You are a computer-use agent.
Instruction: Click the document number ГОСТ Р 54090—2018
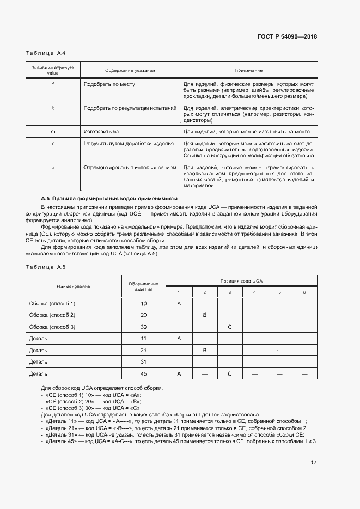(x=287, y=37)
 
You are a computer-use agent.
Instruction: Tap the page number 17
(x=314, y=463)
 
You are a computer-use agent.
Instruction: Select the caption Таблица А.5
(x=46, y=267)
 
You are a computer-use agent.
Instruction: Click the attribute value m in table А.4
(x=53, y=132)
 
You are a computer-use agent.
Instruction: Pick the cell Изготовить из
(x=101, y=132)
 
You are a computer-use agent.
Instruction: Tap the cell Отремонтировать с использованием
(x=130, y=168)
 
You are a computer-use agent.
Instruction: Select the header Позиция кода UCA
(x=241, y=281)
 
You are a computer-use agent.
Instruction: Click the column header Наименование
(x=74, y=286)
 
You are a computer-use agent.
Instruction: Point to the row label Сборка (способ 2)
(x=52, y=315)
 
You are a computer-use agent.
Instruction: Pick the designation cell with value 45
(x=144, y=374)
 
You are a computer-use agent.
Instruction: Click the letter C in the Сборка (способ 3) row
(x=230, y=327)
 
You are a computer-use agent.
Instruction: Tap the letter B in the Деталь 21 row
(x=204, y=351)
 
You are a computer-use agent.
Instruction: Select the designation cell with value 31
(x=144, y=362)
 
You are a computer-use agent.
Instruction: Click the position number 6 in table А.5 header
(x=304, y=292)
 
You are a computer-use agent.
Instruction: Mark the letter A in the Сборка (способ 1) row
(x=179, y=303)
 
